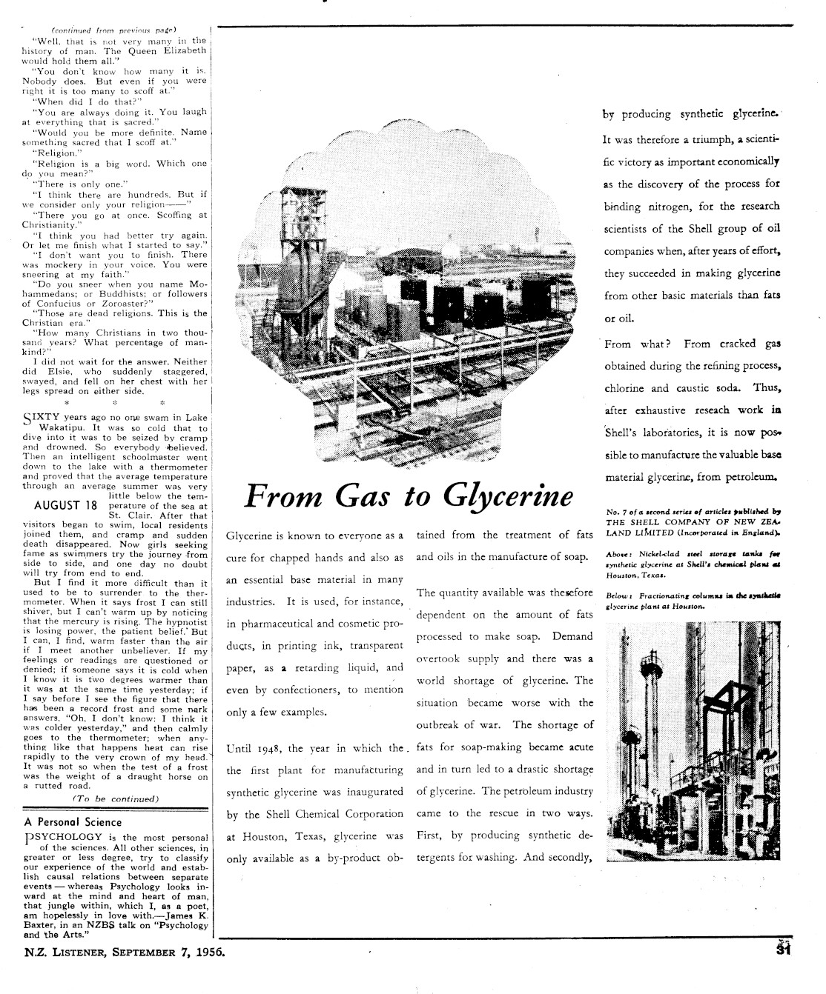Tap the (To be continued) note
(116, 798)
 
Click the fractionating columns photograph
(674, 741)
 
